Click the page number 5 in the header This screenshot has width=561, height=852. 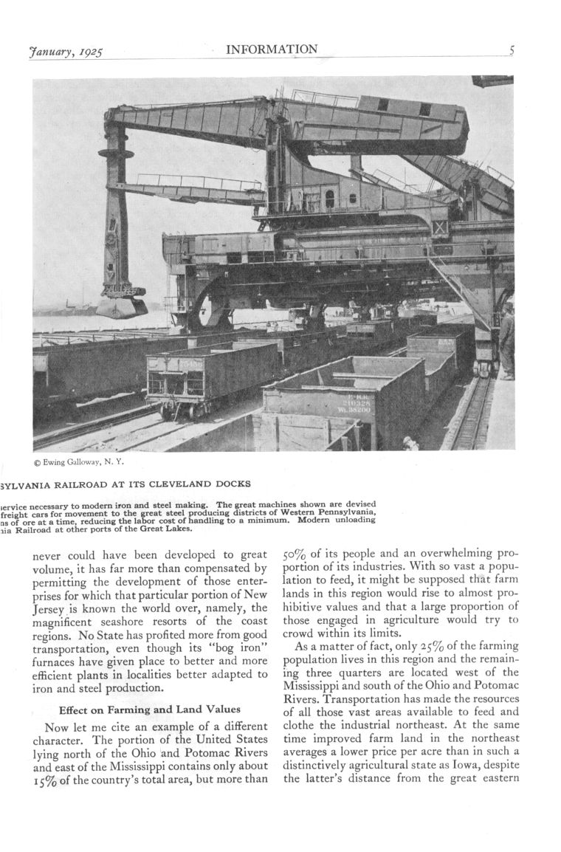point(511,51)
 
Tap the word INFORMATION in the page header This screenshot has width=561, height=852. point(272,49)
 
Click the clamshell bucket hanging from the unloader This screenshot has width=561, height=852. point(121,304)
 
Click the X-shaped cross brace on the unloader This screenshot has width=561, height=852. point(440,227)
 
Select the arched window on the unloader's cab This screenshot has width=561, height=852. point(329,198)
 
